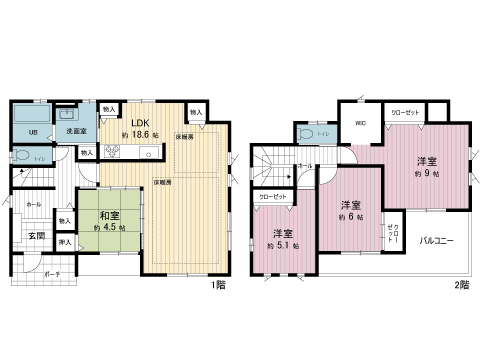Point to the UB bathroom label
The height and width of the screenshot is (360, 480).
32,133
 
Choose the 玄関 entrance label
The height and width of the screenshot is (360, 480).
35,235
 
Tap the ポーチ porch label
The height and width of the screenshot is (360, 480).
52,273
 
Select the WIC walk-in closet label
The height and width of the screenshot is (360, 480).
361,125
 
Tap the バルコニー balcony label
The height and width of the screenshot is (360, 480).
437,241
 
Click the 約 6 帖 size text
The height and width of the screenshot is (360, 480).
349,216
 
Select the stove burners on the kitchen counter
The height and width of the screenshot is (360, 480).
112,153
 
